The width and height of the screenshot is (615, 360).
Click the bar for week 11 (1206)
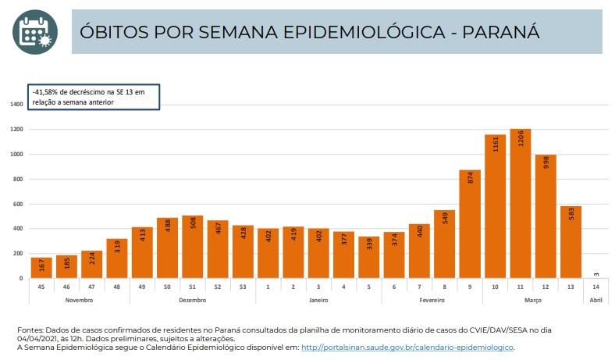(521, 204)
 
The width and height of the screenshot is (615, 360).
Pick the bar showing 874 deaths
(470, 224)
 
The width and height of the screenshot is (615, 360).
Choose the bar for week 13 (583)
(571, 242)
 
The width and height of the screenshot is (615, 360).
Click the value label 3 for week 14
(596, 273)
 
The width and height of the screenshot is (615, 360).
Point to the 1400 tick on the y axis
(16, 104)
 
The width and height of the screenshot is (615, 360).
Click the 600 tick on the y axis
(17, 204)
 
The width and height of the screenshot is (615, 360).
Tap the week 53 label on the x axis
(243, 287)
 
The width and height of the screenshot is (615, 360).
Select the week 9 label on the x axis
(470, 287)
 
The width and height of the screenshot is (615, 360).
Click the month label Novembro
(79, 299)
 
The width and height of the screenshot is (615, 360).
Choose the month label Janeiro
(318, 299)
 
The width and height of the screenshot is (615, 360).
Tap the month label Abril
(596, 299)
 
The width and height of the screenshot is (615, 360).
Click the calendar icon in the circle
(34, 31)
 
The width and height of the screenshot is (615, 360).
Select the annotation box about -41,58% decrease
(94, 96)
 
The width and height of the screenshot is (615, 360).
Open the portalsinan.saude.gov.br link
(407, 347)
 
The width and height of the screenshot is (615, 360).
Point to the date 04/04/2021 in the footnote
(37, 339)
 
